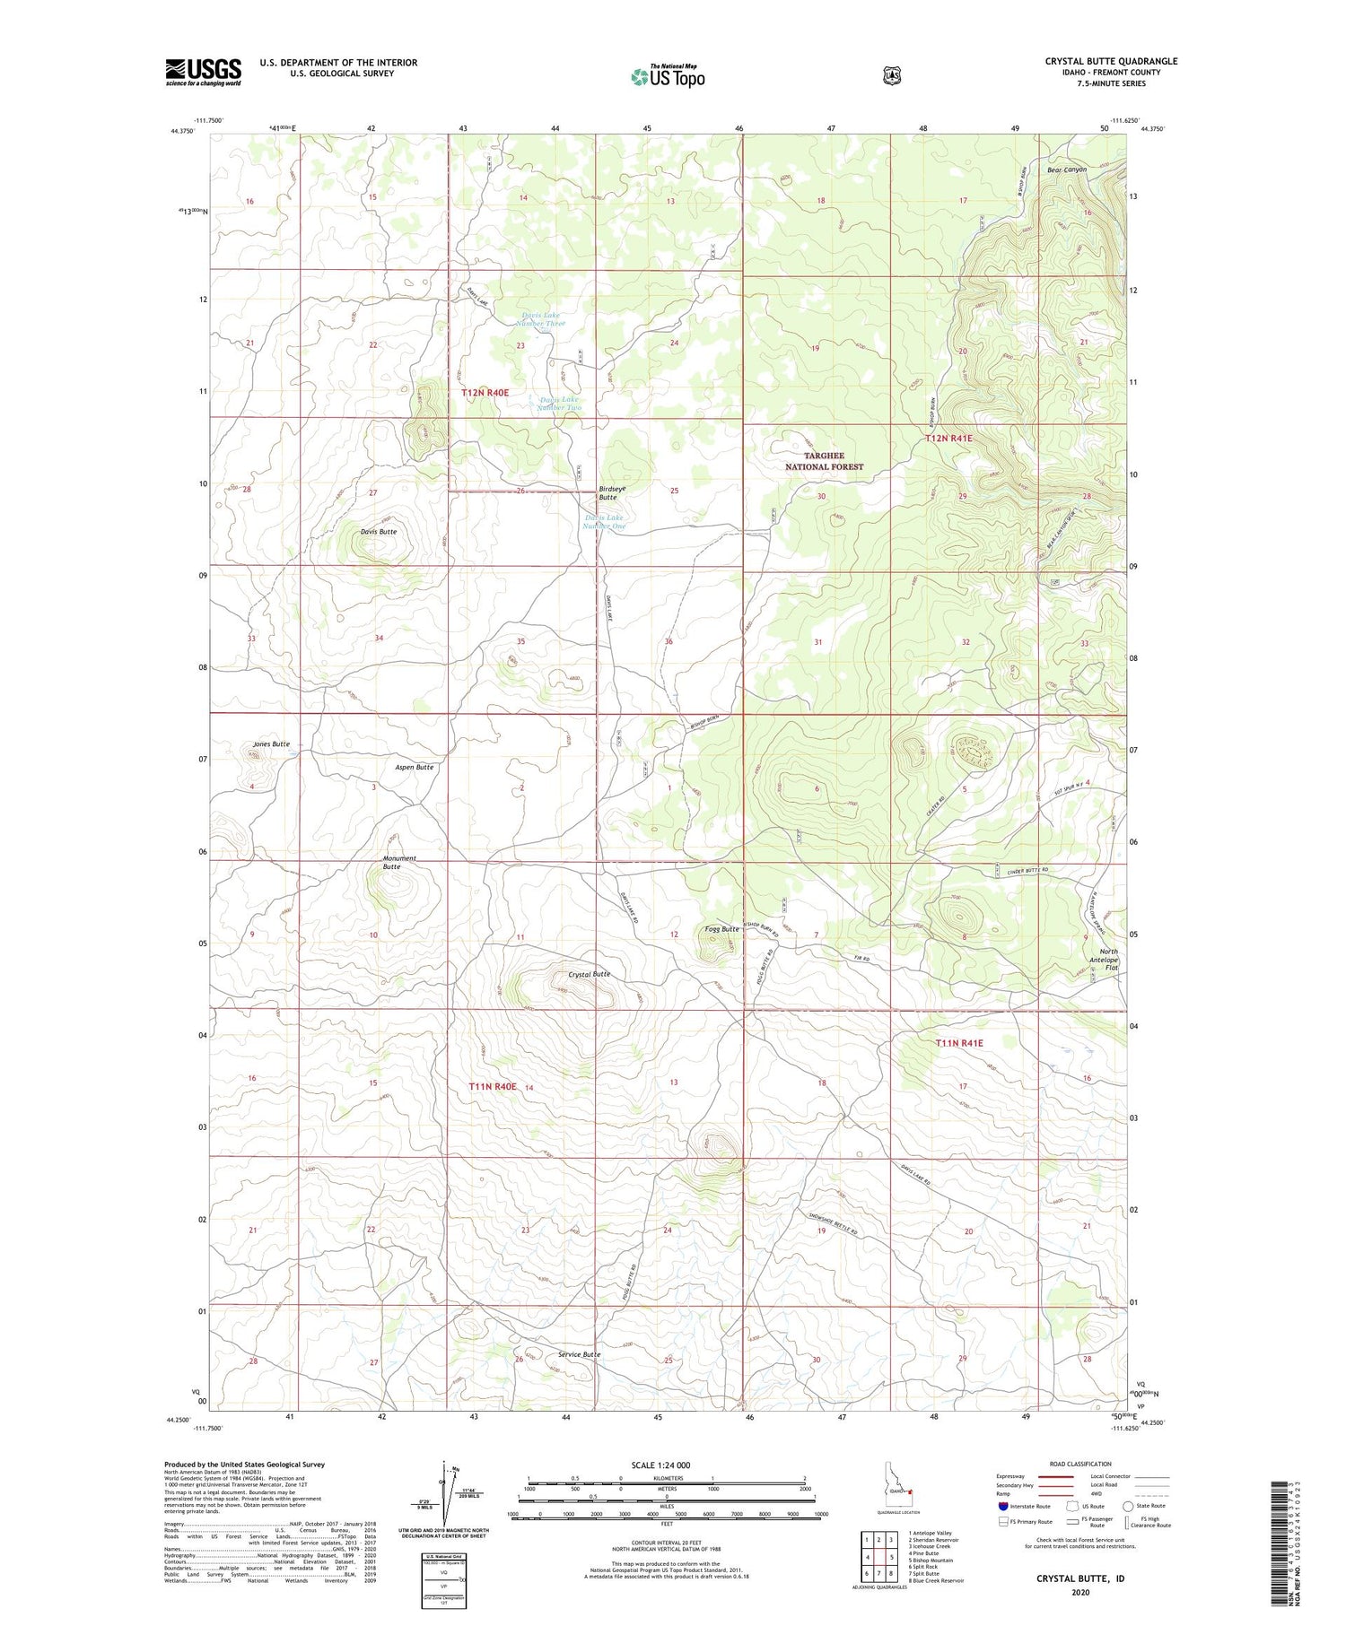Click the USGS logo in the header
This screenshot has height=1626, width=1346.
[203, 71]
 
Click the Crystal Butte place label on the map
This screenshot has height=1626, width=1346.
[589, 974]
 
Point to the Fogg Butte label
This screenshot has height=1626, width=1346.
[721, 929]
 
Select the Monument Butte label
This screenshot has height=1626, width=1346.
[399, 863]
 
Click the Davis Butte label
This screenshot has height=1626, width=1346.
[378, 532]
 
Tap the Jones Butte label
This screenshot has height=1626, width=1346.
[271, 744]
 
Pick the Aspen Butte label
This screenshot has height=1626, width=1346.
[414, 768]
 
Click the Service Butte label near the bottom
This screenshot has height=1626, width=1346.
[579, 1354]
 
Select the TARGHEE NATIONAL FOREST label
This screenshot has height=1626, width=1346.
[824, 461]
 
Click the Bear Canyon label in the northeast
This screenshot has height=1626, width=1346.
[1066, 170]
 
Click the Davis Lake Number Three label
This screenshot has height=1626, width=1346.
[542, 318]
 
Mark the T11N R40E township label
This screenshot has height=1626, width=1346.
[493, 1086]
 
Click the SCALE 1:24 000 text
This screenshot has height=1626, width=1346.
[660, 1465]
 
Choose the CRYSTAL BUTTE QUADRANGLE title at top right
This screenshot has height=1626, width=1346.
[1110, 61]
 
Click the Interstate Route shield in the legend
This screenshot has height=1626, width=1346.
[1003, 1506]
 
